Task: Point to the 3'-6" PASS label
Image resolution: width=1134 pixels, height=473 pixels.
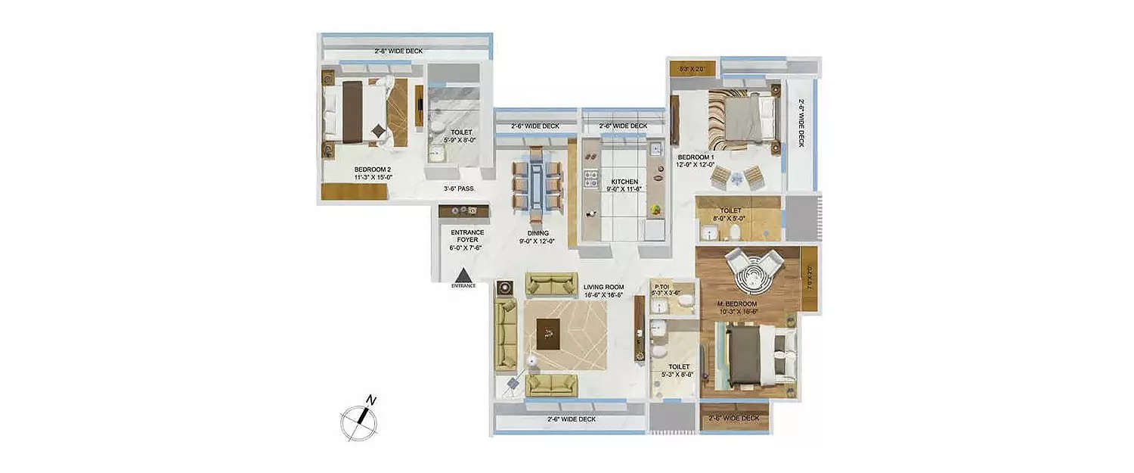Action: click(459, 188)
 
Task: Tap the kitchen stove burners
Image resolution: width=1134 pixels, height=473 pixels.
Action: click(592, 181)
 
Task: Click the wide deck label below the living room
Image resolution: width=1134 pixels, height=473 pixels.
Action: click(571, 419)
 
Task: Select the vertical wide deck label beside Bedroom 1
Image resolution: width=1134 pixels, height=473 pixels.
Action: click(801, 125)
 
